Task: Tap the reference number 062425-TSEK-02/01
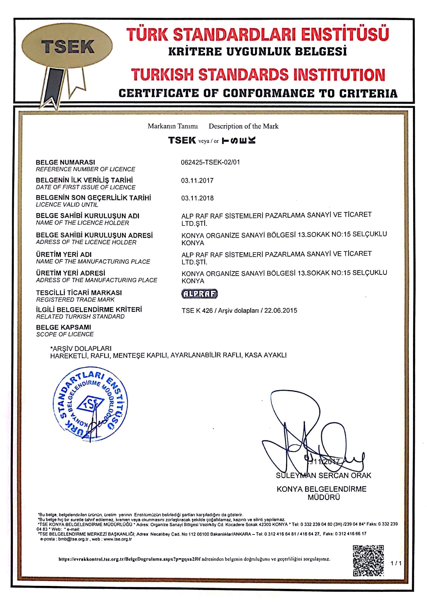pyautogui.click(x=210, y=162)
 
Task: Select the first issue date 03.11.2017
pyautogui.click(x=197, y=181)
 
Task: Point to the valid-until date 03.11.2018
pyautogui.click(x=197, y=198)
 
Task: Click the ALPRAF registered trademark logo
pyautogui.click(x=200, y=294)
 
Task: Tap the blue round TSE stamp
pyautogui.click(x=90, y=405)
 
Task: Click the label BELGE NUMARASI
pyautogui.click(x=65, y=162)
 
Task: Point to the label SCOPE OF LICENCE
pyautogui.click(x=65, y=334)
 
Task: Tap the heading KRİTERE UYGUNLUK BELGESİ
pyautogui.click(x=257, y=51)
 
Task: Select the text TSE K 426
pyautogui.click(x=197, y=310)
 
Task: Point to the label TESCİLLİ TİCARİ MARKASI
pyautogui.click(x=79, y=293)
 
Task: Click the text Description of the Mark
pyautogui.click(x=243, y=126)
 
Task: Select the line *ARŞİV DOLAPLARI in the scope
pyautogui.click(x=81, y=349)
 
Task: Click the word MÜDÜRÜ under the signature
pyautogui.click(x=324, y=497)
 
